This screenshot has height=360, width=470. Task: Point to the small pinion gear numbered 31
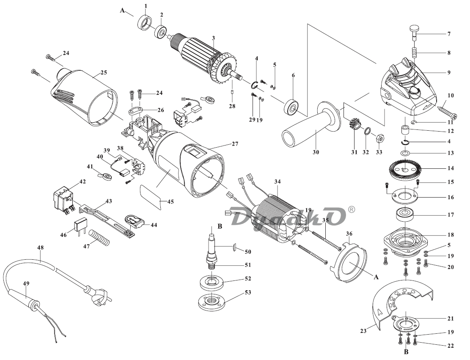354,126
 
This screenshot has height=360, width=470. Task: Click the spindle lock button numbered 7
414,30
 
